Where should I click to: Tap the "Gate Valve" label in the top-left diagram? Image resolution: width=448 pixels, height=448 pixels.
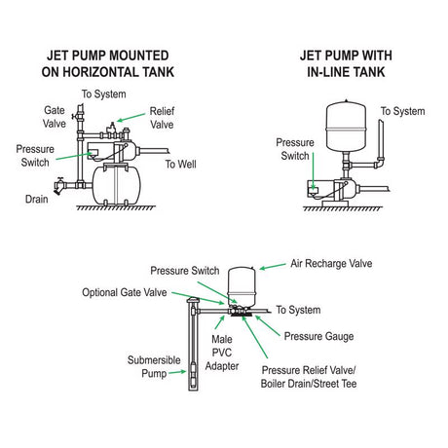click(x=56, y=118)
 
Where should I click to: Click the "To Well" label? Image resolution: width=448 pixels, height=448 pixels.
click(x=182, y=165)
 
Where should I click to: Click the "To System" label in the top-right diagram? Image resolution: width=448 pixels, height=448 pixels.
click(x=402, y=111)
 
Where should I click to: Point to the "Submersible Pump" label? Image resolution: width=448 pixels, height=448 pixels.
click(x=154, y=364)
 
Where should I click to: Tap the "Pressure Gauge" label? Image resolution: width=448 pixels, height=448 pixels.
click(x=318, y=336)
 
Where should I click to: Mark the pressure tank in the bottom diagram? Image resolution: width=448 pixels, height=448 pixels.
click(x=240, y=282)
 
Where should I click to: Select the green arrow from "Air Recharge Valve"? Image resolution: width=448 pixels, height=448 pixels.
click(x=272, y=264)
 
